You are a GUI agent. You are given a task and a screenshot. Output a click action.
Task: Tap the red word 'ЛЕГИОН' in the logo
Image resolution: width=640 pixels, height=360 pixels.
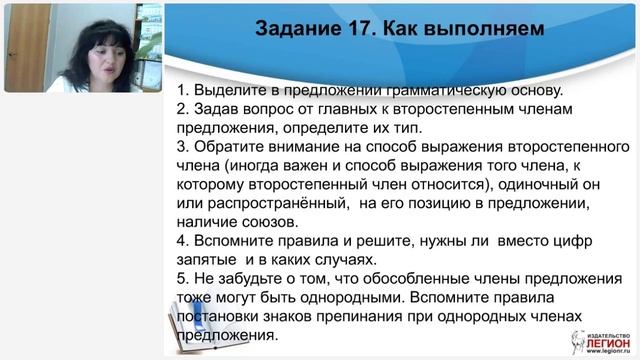pyautogui.click(x=600, y=345)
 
